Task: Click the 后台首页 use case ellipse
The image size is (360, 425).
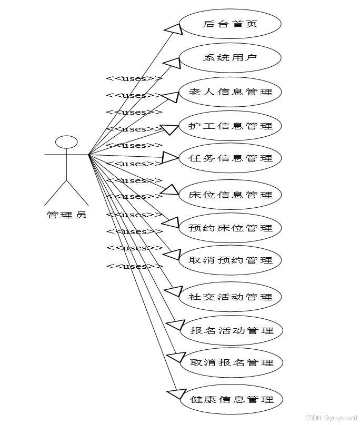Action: (230, 24)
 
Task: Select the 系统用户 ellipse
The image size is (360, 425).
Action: (230, 57)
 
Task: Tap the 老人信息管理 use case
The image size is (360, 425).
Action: (230, 92)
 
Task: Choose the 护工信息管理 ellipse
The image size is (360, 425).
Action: (230, 126)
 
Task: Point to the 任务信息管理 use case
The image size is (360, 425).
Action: (230, 158)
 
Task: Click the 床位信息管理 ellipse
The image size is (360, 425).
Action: (230, 195)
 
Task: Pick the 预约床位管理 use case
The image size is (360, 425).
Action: (230, 228)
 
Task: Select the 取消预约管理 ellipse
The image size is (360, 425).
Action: (230, 260)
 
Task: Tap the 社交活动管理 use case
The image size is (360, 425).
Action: (230, 297)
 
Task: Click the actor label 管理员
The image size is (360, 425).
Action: (66, 215)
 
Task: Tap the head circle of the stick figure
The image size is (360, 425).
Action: (67, 142)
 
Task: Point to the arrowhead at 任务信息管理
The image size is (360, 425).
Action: (171, 157)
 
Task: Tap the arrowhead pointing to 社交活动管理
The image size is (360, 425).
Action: (174, 291)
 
